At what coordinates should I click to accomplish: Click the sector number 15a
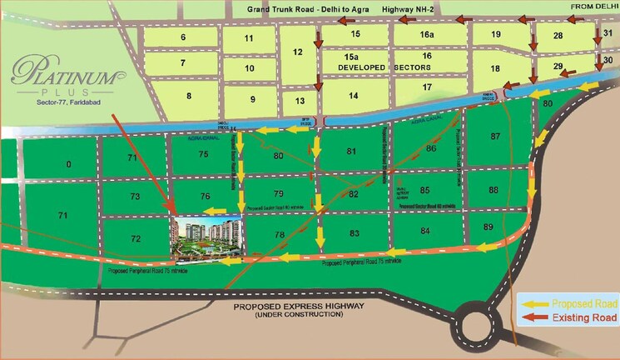[351, 56]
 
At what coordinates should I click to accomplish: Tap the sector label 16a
[427, 35]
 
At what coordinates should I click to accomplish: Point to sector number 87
[497, 136]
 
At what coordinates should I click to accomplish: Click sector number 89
[489, 227]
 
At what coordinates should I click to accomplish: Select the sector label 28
[558, 35]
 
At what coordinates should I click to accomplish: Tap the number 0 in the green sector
[68, 163]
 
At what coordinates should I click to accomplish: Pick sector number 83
[355, 232]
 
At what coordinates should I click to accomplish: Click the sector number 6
[182, 37]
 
